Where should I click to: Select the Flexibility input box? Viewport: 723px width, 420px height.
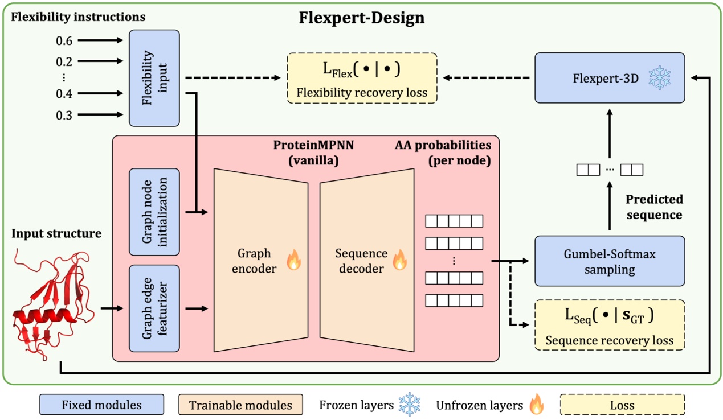coord(154,78)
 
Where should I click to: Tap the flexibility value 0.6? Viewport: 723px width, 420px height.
coord(64,40)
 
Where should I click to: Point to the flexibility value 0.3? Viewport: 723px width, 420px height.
coord(64,115)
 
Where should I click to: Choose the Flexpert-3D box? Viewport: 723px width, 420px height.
coord(609,78)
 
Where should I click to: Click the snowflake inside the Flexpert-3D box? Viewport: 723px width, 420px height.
coord(659,78)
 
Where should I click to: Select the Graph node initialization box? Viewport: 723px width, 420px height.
coord(154,212)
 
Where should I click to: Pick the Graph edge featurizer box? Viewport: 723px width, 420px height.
coord(154,308)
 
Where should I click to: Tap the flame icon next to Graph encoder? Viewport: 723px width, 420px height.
coord(293,261)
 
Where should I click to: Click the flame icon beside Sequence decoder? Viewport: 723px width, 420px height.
coord(400,261)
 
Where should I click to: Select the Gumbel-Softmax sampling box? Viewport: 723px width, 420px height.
coord(609,261)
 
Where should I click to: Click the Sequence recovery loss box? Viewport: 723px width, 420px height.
coord(609,325)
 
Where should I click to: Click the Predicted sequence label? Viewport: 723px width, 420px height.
coord(653,207)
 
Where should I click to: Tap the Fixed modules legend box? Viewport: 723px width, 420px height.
coord(101,405)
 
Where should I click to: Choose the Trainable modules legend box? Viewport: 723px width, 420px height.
coord(240,405)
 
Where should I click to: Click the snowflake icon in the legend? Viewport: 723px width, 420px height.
coord(409,405)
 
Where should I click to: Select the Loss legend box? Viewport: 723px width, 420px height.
coord(623,405)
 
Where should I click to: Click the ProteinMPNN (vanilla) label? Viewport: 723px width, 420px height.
coord(313,153)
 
